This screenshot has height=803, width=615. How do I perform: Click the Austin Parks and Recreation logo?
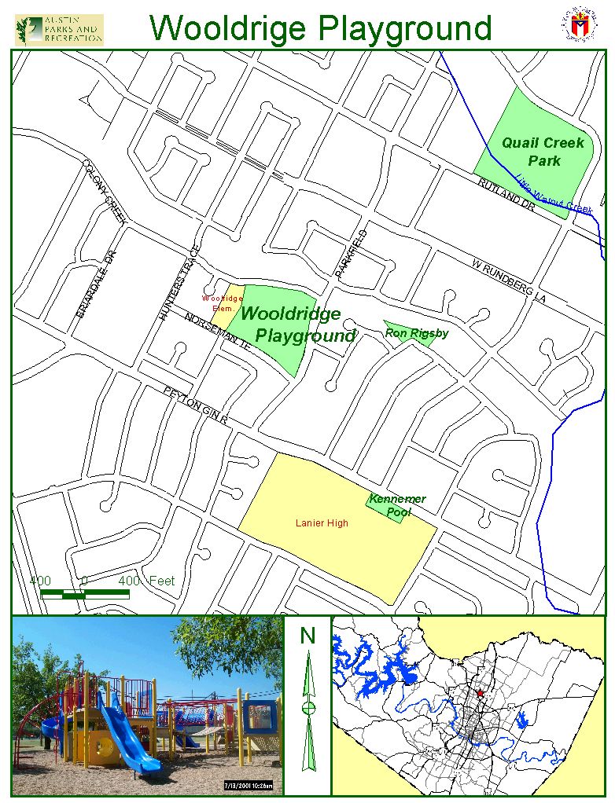point(59,29)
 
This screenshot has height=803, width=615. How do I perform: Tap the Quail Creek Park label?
point(543,152)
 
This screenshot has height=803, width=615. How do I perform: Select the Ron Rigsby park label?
point(417,333)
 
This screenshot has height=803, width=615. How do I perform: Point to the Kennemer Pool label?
point(398,505)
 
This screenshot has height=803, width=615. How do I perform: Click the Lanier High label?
point(322,523)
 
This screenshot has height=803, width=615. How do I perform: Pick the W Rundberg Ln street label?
point(509,281)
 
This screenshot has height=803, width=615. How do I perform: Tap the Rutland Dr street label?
point(506,193)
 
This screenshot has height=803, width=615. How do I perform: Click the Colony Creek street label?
point(105,192)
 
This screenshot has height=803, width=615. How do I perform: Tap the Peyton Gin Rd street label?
point(196,405)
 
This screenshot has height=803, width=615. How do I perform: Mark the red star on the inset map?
point(480,694)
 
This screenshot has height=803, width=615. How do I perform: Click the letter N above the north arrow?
point(307,635)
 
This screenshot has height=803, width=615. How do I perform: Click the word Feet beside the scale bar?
point(161,581)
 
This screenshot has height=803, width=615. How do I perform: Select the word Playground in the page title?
point(405,28)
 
